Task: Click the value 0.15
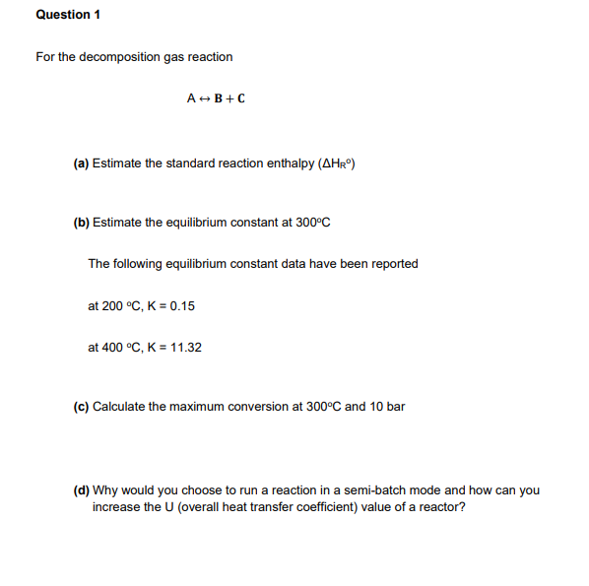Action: click(x=182, y=306)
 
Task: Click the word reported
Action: click(x=394, y=264)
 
